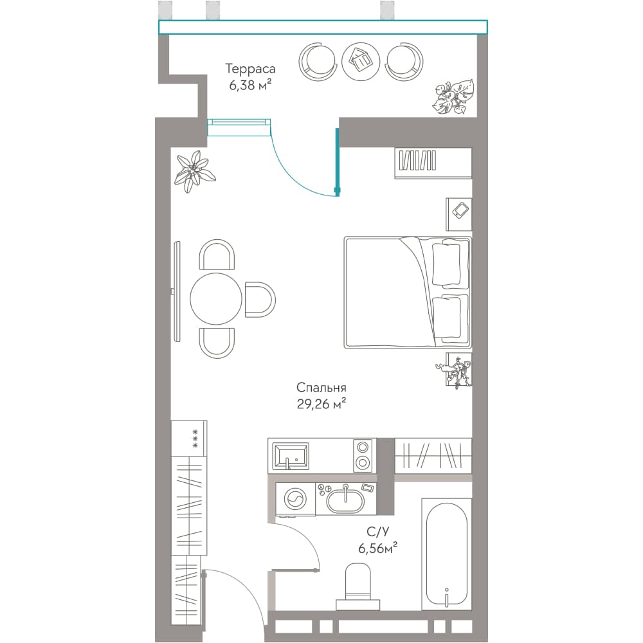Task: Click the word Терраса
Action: (x=250, y=69)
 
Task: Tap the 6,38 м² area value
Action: (x=250, y=85)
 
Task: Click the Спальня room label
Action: (x=321, y=388)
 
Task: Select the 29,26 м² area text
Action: (x=321, y=404)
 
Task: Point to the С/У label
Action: (x=377, y=532)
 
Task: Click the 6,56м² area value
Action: (x=377, y=548)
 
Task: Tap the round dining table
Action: (x=215, y=299)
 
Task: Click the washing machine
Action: (x=295, y=499)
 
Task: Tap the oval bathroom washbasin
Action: (x=345, y=499)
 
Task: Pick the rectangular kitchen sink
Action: (x=291, y=456)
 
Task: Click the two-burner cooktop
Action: (x=363, y=455)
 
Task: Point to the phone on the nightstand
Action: (x=460, y=210)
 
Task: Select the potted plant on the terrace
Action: (x=453, y=96)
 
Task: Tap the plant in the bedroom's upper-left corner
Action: (x=194, y=172)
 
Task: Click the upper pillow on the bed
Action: (x=450, y=264)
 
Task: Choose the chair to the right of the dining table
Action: (x=260, y=300)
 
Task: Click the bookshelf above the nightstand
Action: (x=433, y=163)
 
